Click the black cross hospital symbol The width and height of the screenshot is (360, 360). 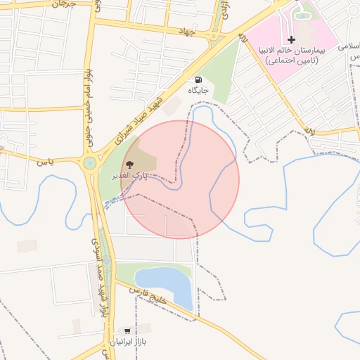click(x=292, y=39)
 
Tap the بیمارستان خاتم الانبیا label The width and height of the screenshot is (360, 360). click(x=291, y=51)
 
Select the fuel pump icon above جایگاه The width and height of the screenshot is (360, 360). click(x=199, y=79)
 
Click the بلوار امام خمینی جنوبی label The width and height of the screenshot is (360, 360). click(x=89, y=98)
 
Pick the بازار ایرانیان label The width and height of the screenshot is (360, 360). click(x=127, y=341)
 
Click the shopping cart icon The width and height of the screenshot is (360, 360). click(x=127, y=330)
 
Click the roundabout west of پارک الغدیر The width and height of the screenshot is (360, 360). click(x=90, y=165)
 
